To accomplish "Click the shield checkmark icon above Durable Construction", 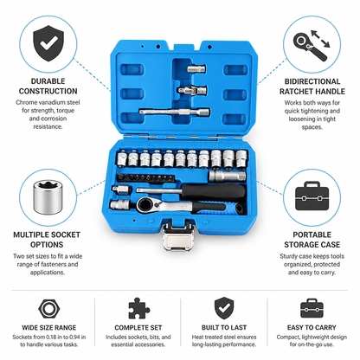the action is (48, 43).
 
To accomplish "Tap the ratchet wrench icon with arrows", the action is (312, 45).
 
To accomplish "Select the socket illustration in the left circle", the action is (48, 197).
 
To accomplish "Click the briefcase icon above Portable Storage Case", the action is (312, 196).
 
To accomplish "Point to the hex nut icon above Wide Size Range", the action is (49, 309).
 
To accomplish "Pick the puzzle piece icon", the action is (138, 308).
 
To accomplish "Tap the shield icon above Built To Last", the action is (224, 308).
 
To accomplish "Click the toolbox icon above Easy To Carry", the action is (312, 308).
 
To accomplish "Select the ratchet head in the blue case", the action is (144, 206).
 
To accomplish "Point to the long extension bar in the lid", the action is (174, 112).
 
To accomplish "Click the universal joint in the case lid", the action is (192, 91).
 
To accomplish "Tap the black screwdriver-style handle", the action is (214, 191).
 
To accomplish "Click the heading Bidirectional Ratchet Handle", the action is (312, 87).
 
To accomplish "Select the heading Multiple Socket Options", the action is (47, 240).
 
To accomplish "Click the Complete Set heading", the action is (138, 328).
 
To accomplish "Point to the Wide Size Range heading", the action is (49, 328).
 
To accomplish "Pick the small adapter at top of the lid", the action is (196, 68).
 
